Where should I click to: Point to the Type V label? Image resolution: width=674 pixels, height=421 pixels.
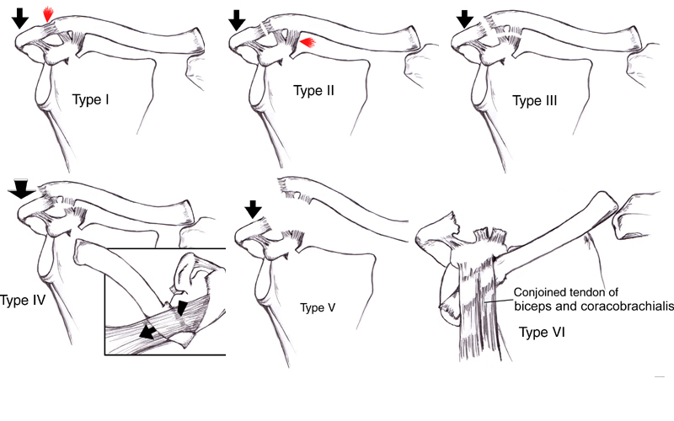click(x=318, y=307)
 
